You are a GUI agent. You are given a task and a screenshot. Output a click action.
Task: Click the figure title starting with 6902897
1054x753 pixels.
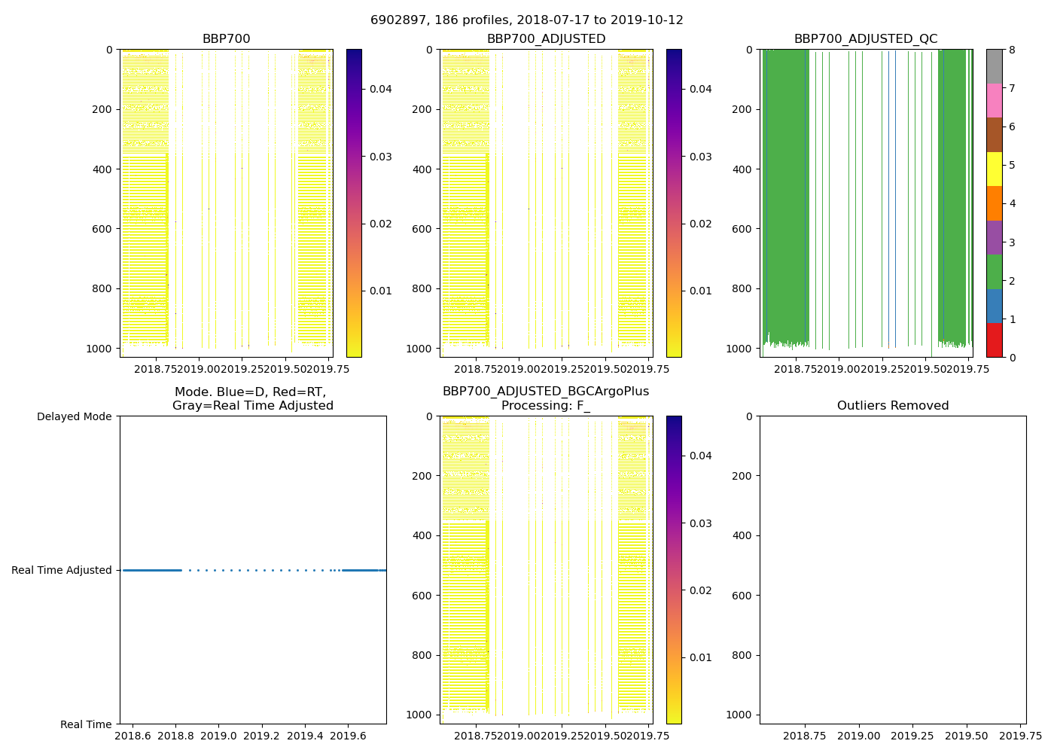(x=527, y=20)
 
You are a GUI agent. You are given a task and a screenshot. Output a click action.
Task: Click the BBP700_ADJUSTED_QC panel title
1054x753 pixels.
(x=866, y=39)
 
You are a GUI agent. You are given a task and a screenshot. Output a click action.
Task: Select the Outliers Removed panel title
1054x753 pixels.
(x=893, y=406)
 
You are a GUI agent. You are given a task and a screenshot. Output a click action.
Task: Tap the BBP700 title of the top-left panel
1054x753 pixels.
(x=226, y=39)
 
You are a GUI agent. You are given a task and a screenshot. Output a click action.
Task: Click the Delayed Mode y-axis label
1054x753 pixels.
(x=74, y=416)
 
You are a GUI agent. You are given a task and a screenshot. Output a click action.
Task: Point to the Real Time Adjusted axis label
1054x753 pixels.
(x=62, y=571)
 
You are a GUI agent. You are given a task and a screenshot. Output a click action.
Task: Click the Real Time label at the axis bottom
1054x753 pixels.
(x=86, y=724)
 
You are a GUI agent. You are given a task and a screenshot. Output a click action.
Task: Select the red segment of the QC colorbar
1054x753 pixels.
(x=994, y=340)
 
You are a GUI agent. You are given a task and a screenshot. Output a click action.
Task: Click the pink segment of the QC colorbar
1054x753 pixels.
(x=994, y=100)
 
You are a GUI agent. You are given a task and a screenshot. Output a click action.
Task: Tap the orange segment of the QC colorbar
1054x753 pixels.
(x=994, y=203)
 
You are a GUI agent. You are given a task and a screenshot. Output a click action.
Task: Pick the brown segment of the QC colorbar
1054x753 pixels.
(x=994, y=135)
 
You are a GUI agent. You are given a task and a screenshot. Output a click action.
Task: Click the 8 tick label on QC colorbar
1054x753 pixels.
(x=1012, y=50)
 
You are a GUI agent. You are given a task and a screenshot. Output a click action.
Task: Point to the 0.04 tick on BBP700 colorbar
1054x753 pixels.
(x=381, y=89)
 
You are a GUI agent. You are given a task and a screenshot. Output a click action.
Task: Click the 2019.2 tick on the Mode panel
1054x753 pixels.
(x=262, y=735)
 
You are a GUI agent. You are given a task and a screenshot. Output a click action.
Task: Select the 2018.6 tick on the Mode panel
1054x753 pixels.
(x=133, y=735)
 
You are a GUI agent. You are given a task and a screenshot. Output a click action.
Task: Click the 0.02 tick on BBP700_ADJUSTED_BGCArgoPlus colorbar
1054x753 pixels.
(x=701, y=590)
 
